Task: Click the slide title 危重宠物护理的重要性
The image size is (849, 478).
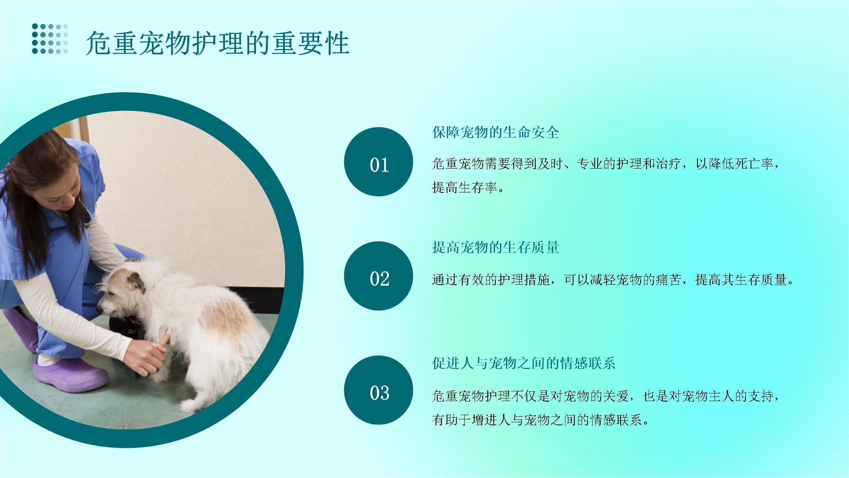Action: coord(218,43)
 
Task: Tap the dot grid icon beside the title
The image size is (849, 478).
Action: coord(50,39)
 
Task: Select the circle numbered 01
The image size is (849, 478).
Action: coord(379,162)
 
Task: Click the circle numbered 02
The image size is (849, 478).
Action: coord(379,276)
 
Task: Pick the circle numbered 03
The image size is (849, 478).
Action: coord(379,390)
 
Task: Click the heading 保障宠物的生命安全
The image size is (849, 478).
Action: coord(496,133)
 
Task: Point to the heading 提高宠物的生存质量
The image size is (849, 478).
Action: coord(496,247)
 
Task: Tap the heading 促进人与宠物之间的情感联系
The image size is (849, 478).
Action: coord(524,363)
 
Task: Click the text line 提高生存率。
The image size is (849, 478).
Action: coord(469,187)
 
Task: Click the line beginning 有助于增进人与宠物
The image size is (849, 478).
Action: coord(541,420)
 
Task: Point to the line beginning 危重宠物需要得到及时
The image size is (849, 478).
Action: coord(606,164)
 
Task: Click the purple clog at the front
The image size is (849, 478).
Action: coord(70,374)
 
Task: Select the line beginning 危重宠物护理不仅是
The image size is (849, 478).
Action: coord(606,396)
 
